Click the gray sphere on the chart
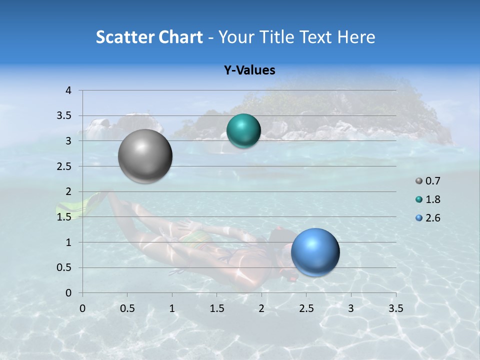point(145,156)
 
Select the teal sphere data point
point(243,131)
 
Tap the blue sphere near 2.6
point(315,252)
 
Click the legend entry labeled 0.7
point(428,181)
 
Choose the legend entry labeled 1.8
point(428,199)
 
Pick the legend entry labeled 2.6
point(428,218)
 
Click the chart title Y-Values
point(249,70)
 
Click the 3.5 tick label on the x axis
point(395,308)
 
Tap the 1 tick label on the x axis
point(172,308)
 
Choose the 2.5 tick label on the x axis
point(306,308)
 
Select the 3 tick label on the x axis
point(351,308)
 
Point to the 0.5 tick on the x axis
point(127,308)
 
